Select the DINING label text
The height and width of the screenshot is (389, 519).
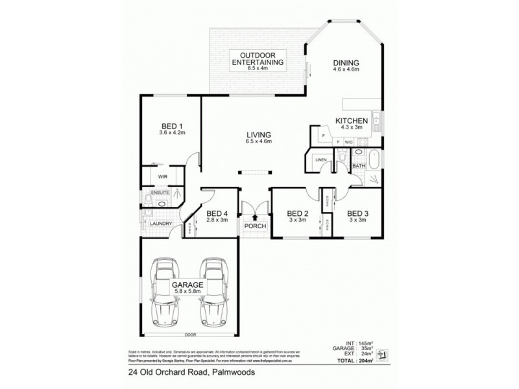pos(346,63)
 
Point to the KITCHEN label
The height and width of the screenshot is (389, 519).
pos(352,121)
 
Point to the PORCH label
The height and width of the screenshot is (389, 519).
pos(251,226)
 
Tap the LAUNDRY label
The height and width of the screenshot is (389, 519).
pos(160,224)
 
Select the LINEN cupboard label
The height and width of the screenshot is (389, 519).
pos(320,159)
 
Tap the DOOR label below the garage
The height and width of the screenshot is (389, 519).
pos(189,335)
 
